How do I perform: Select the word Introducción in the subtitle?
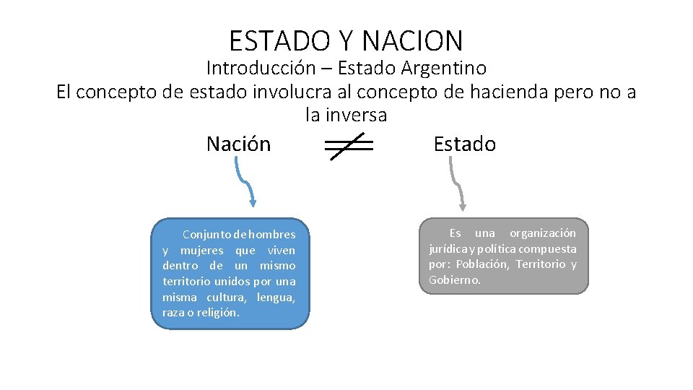(x=250, y=69)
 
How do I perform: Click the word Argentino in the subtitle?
(x=453, y=69)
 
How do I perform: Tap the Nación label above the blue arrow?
(x=238, y=144)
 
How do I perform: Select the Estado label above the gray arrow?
(x=464, y=144)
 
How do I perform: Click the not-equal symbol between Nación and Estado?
(x=349, y=146)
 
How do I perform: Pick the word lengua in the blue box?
(x=275, y=298)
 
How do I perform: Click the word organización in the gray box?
(x=543, y=233)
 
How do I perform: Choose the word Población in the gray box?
(x=483, y=264)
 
